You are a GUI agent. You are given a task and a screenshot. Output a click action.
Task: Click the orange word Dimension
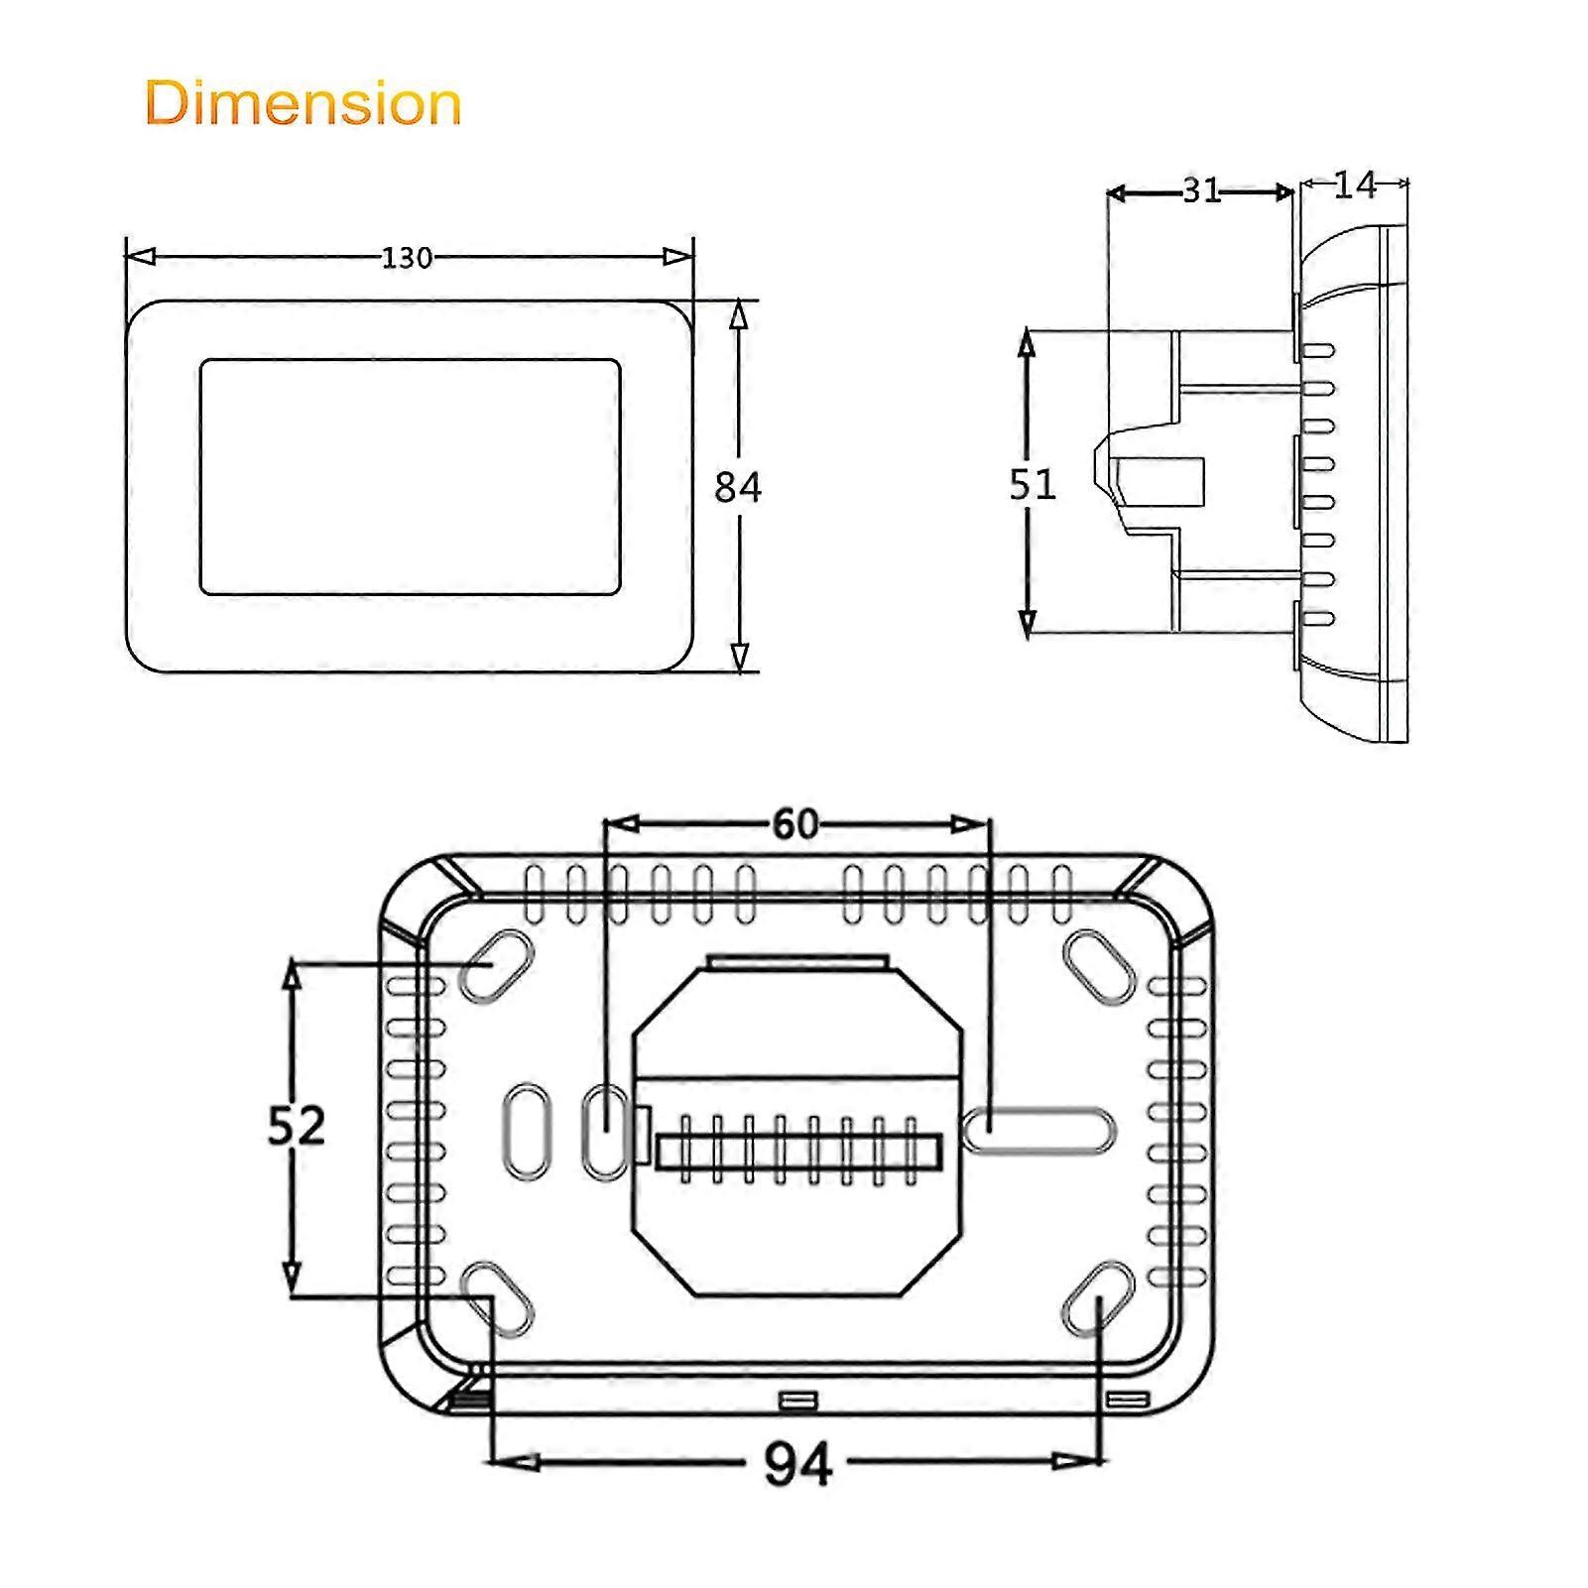pyautogui.click(x=304, y=103)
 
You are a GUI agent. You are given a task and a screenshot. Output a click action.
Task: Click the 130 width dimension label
pyautogui.click(x=407, y=258)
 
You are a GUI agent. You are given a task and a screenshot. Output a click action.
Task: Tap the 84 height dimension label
pyautogui.click(x=738, y=487)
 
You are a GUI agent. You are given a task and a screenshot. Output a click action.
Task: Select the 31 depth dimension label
pyautogui.click(x=1201, y=190)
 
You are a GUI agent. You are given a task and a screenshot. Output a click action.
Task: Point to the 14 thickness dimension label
pyautogui.click(x=1355, y=184)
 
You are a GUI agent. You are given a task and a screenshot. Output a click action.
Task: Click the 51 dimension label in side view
pyautogui.click(x=1033, y=484)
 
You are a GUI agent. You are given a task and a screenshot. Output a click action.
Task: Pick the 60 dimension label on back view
pyautogui.click(x=795, y=824)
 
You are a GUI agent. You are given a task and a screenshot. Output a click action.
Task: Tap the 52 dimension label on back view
pyautogui.click(x=296, y=1126)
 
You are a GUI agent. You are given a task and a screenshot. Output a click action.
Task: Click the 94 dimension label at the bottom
pyautogui.click(x=797, y=1464)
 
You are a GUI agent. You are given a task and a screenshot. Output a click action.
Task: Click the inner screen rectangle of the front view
pyautogui.click(x=410, y=477)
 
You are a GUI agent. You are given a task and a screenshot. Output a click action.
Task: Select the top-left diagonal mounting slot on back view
pyautogui.click(x=496, y=965)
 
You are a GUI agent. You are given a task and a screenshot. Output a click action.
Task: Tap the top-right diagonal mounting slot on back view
pyautogui.click(x=1099, y=967)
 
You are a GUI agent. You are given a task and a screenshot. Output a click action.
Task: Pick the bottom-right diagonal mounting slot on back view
pyautogui.click(x=1098, y=1297)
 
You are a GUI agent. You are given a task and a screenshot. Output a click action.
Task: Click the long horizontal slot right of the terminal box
pyautogui.click(x=1039, y=1131)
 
